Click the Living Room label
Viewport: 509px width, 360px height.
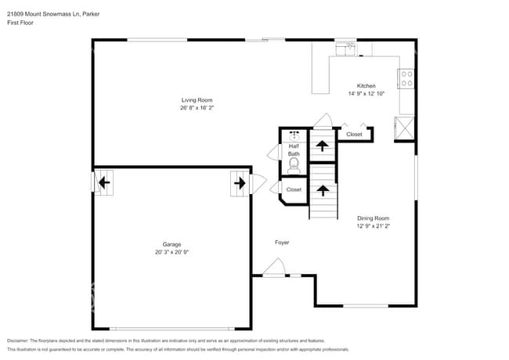click(x=197, y=100)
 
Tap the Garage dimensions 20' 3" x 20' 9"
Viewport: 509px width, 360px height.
click(x=172, y=253)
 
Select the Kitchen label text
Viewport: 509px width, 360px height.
click(x=366, y=86)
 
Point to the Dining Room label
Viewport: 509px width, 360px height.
click(x=373, y=218)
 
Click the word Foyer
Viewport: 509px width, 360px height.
click(x=282, y=243)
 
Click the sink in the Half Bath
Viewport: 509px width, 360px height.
click(x=294, y=135)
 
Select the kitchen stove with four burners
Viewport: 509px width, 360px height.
click(x=407, y=78)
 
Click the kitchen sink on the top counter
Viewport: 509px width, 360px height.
click(x=346, y=48)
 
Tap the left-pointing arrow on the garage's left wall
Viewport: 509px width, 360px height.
click(x=103, y=184)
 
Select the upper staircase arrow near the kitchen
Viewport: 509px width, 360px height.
click(x=322, y=145)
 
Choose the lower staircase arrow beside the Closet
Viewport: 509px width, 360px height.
click(x=322, y=189)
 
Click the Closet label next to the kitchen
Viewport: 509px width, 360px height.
click(x=354, y=135)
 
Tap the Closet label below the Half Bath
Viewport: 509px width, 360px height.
click(x=294, y=189)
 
